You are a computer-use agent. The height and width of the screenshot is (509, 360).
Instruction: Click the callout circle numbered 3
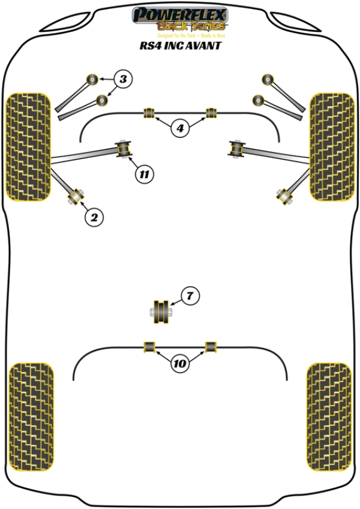click(122, 79)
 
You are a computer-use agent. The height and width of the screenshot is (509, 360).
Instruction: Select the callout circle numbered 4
click(180, 127)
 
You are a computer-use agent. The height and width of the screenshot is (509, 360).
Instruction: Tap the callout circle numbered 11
click(143, 175)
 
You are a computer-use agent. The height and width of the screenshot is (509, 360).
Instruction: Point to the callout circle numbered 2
click(94, 217)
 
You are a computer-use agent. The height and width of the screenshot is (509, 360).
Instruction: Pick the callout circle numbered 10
click(180, 363)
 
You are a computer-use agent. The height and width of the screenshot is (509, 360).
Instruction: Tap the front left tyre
click(28, 147)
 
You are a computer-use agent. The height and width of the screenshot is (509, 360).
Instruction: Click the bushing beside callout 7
click(161, 311)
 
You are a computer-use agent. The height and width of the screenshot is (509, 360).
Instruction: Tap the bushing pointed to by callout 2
click(76, 195)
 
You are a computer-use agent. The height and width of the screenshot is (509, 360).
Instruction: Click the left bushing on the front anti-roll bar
click(149, 112)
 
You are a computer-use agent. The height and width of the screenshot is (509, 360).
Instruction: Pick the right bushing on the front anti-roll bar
click(211, 112)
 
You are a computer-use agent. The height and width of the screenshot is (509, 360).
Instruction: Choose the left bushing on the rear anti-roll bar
click(149, 346)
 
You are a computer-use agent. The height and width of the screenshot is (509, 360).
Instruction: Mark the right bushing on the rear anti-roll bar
click(211, 346)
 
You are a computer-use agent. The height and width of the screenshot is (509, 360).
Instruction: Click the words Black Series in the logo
click(191, 26)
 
